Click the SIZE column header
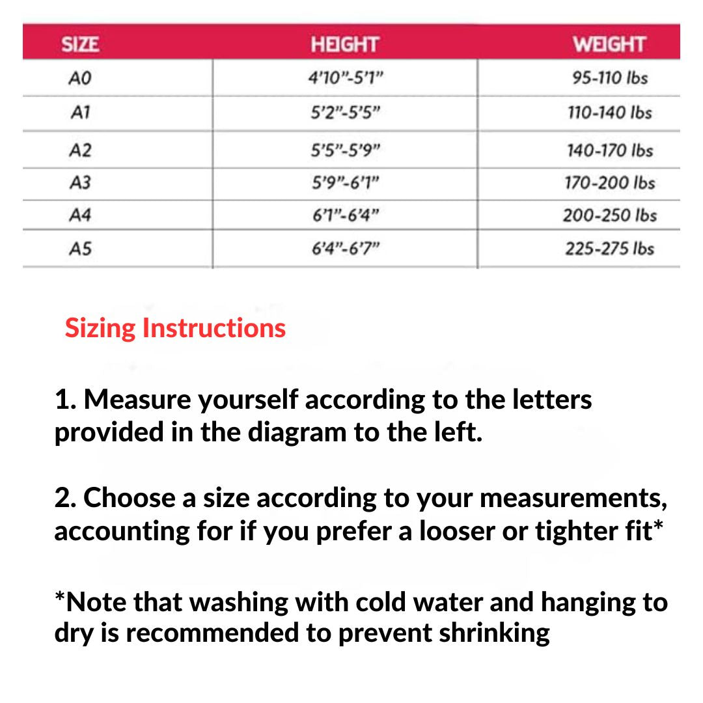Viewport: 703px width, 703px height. (80, 44)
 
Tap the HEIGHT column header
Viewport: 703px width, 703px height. (344, 44)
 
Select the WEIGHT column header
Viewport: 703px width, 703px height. (609, 44)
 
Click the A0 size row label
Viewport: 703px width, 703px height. (80, 79)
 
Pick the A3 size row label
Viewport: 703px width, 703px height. (80, 183)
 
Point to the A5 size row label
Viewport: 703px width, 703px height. (80, 249)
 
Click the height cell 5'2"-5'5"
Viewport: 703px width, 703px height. (344, 113)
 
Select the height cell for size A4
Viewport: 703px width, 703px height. (344, 215)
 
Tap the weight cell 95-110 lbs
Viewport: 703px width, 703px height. (610, 78)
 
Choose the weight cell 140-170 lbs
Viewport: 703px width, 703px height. (610, 150)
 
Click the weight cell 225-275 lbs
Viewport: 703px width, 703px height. (610, 249)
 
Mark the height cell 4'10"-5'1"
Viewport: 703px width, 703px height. (344, 79)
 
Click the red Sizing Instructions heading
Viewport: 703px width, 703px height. (175, 327)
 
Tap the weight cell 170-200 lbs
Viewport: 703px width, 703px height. (610, 183)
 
